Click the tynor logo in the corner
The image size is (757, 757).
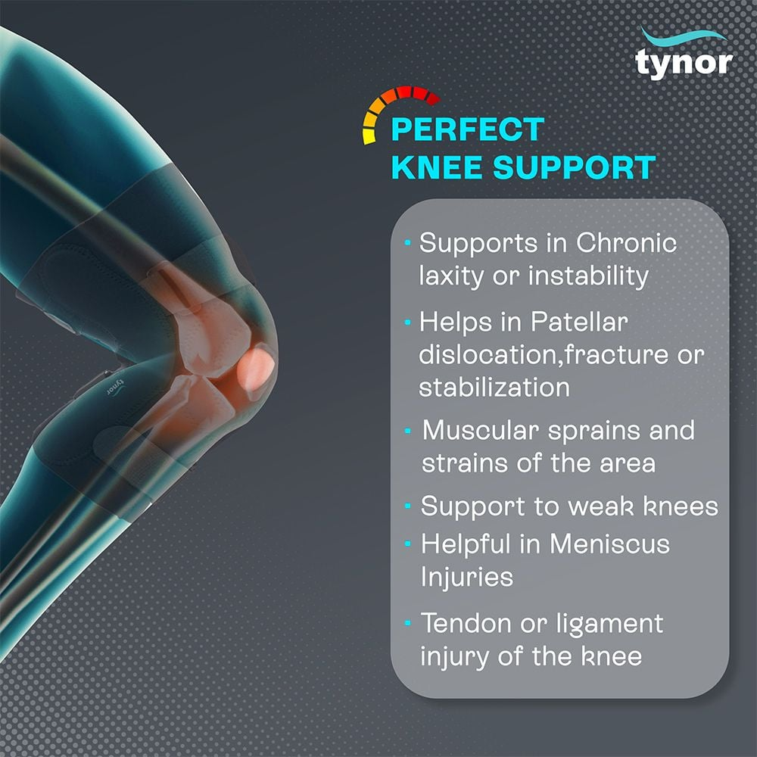tap(684, 55)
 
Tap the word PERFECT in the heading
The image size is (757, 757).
tap(467, 129)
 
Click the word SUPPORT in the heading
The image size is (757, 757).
tap(574, 167)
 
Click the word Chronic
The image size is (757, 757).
tap(626, 242)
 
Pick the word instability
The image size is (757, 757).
tap(588, 276)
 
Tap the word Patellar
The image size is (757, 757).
tap(579, 322)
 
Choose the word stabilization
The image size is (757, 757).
tap(494, 387)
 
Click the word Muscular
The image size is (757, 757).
tap(481, 430)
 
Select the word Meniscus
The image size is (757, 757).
tap(609, 544)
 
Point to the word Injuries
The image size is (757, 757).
tap(466, 578)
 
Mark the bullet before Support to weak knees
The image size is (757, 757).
tap(407, 506)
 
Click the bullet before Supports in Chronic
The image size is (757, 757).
tap(407, 242)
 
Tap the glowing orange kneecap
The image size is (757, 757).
tap(255, 369)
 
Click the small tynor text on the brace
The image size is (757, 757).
tap(116, 388)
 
